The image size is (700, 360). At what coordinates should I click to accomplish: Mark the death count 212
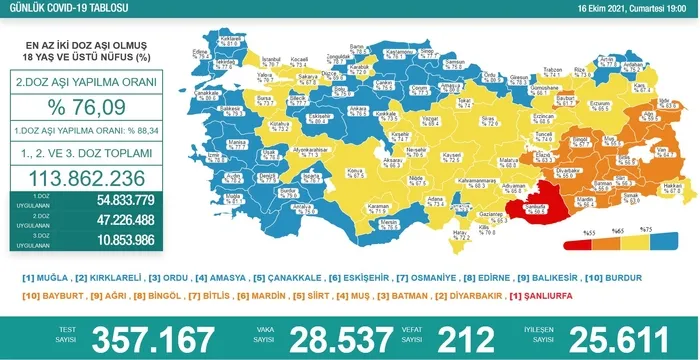coord(472,336)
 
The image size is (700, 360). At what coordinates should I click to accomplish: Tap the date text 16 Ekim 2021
coord(620,9)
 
